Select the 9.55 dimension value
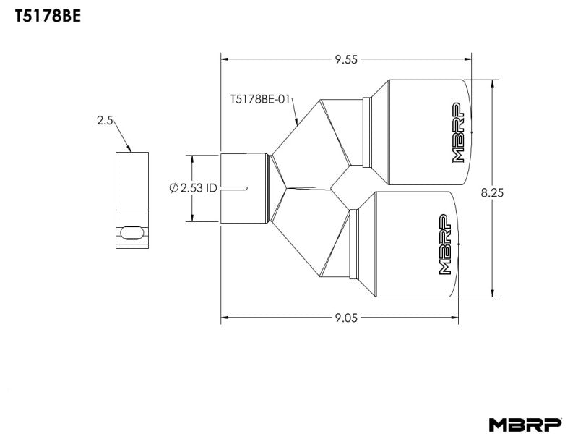(346, 59)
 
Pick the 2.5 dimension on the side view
(105, 121)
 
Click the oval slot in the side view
(131, 231)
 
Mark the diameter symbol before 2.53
(173, 188)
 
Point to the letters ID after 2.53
(210, 188)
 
